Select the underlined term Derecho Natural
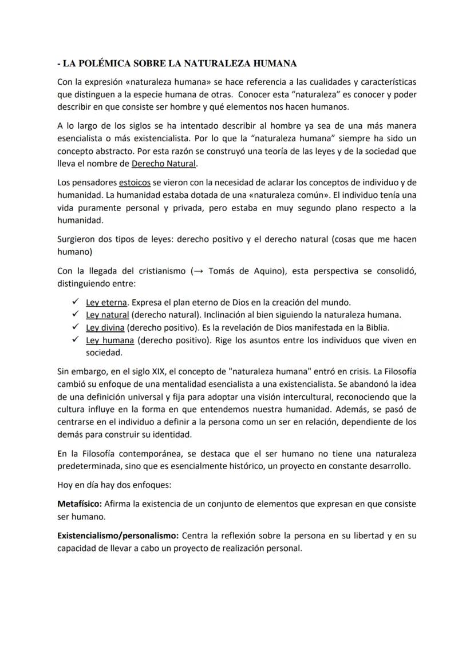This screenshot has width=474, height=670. (164, 164)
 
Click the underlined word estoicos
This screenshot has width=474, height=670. (135, 183)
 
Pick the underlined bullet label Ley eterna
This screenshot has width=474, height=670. (106, 303)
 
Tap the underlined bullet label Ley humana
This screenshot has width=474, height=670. (110, 340)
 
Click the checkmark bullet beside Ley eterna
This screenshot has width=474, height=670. (74, 302)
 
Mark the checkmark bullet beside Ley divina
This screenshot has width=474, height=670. (74, 327)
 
